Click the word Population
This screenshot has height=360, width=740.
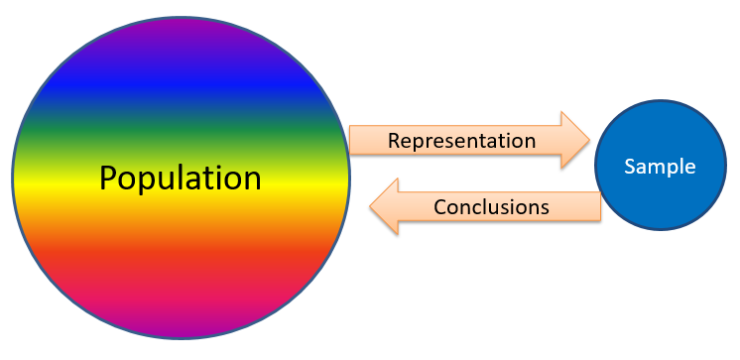pyautogui.click(x=181, y=179)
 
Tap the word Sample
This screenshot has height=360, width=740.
pyautogui.click(x=660, y=167)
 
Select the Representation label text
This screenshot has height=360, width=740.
pyautogui.click(x=461, y=141)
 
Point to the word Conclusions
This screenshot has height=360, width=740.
pyautogui.click(x=491, y=207)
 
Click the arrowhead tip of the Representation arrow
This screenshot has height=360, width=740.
pyautogui.click(x=588, y=141)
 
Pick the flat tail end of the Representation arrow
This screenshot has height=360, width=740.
pyautogui.click(x=352, y=141)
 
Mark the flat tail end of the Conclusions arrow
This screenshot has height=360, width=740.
pyautogui.click(x=601, y=207)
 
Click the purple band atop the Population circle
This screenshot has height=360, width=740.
pyautogui.click(x=181, y=40)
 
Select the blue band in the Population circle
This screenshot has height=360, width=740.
pyautogui.click(x=181, y=89)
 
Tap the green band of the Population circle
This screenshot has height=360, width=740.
pyautogui.click(x=181, y=139)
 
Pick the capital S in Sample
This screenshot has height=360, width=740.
pyautogui.click(x=629, y=167)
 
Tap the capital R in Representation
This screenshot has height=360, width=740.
pyautogui.click(x=394, y=141)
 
